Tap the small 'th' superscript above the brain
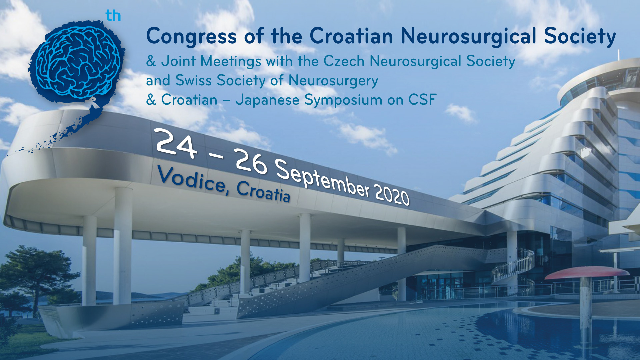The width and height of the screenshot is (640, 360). (x=113, y=16)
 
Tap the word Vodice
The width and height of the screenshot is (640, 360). (x=193, y=180)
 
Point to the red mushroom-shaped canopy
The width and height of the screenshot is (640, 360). (x=587, y=273)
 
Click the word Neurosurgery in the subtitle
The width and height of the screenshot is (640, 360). (x=333, y=81)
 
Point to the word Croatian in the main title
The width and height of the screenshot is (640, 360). (x=351, y=36)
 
